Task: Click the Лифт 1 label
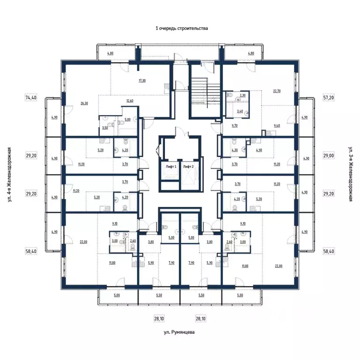click(x=171, y=166)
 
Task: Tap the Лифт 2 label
click(x=188, y=166)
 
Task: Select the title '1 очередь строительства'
click(x=181, y=28)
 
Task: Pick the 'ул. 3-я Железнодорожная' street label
click(x=350, y=174)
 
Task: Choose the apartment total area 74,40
click(x=31, y=98)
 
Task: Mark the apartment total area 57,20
click(x=329, y=98)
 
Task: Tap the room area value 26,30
click(x=84, y=103)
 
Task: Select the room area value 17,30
click(x=142, y=81)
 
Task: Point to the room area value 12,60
click(x=130, y=100)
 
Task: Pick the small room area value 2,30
click(x=242, y=96)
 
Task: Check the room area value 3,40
click(x=240, y=111)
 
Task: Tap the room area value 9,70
click(x=235, y=126)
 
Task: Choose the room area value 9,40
click(x=276, y=126)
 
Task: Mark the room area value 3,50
click(x=105, y=127)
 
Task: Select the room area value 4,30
click(x=235, y=150)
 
